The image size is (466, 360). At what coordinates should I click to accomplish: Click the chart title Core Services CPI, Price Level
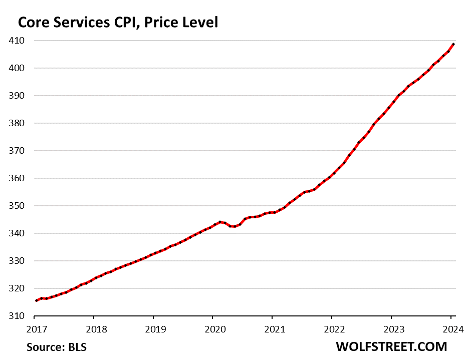pos(118,22)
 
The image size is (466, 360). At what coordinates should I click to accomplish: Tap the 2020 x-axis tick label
pos(212,329)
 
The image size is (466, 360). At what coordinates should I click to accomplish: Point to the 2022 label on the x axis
pos(332,329)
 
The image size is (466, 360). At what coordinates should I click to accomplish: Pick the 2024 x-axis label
pos(450,329)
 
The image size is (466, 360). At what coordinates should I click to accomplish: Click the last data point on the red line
pos(453,44)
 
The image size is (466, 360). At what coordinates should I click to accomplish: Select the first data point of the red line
pos(36,300)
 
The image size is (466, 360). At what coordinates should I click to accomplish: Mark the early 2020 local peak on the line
pos(220,222)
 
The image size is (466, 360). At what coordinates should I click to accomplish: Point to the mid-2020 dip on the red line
pos(234,226)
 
